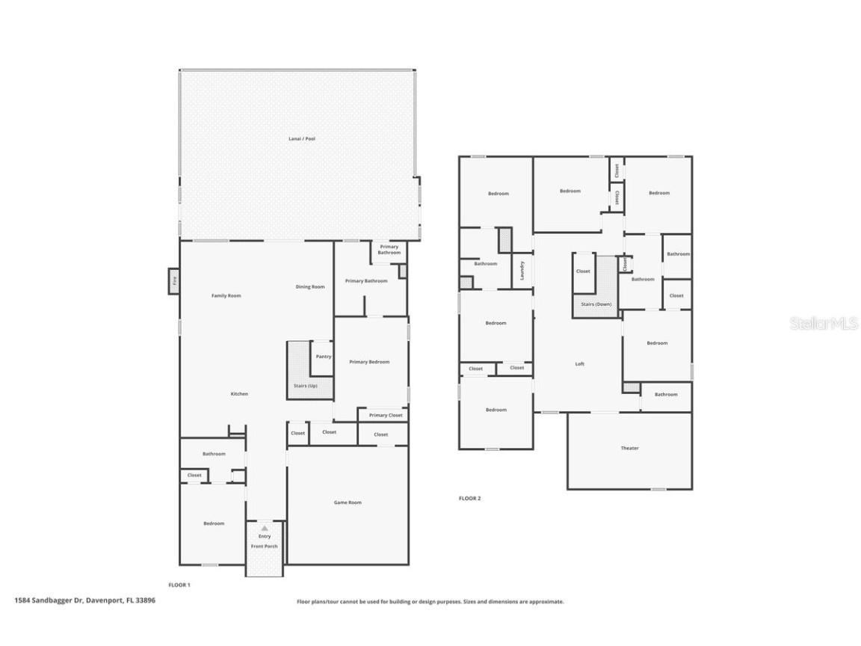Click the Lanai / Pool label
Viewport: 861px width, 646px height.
(302, 139)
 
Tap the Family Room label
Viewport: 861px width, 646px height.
(226, 295)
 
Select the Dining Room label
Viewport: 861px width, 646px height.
(310, 287)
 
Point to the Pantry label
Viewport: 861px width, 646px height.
(324, 357)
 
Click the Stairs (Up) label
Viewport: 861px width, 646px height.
(305, 386)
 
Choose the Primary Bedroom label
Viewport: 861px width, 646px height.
(369, 362)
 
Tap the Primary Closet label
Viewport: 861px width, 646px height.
(386, 415)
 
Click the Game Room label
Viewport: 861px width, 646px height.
(348, 502)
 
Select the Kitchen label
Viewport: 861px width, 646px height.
(239, 394)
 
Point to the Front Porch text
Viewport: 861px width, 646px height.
(264, 547)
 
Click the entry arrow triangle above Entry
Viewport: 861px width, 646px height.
(265, 529)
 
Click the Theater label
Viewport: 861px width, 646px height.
(630, 449)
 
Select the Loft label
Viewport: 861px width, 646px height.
(579, 364)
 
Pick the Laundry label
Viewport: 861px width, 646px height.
(522, 270)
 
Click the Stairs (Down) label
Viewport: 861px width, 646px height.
(596, 304)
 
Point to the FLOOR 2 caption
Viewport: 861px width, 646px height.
(469, 499)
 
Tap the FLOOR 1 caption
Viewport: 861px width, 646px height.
(179, 585)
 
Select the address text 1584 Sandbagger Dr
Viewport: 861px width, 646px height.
(49, 600)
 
